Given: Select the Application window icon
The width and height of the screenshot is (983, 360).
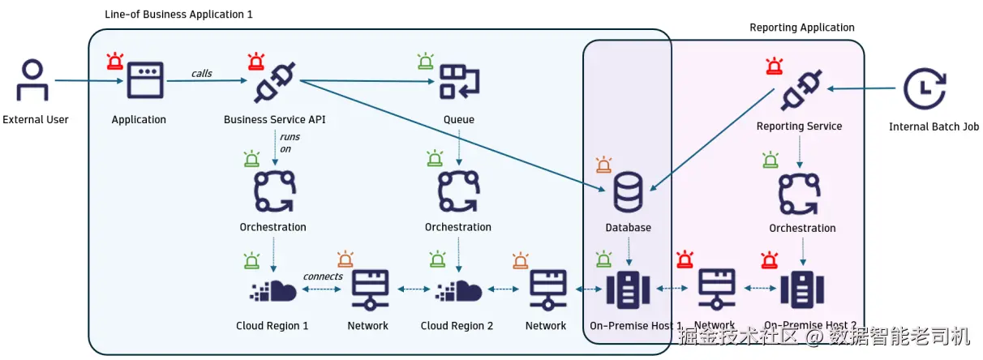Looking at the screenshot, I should point(144,81).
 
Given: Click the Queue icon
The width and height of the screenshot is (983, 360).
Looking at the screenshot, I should point(459,82).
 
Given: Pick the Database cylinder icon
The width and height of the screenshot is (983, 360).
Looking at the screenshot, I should point(628,191).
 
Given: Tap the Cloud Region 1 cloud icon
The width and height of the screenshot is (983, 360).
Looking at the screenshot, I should point(273,289).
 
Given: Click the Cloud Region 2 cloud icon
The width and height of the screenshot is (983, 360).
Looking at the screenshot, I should point(458,289).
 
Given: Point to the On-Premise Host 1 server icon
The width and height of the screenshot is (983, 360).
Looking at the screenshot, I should point(628,289).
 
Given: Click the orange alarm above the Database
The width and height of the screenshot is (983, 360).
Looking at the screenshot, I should point(603,165).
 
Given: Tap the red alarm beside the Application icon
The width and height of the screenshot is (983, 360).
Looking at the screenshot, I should point(115,61).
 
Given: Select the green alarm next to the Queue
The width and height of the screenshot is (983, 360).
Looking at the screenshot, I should point(425,61).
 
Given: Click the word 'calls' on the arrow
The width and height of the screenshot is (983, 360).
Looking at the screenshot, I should point(201,74).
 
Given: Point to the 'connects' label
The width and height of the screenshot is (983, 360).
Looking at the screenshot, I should point(323,276).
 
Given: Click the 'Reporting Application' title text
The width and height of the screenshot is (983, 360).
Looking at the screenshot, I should point(801,28).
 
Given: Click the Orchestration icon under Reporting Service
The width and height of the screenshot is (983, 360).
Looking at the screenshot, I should point(801,192).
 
